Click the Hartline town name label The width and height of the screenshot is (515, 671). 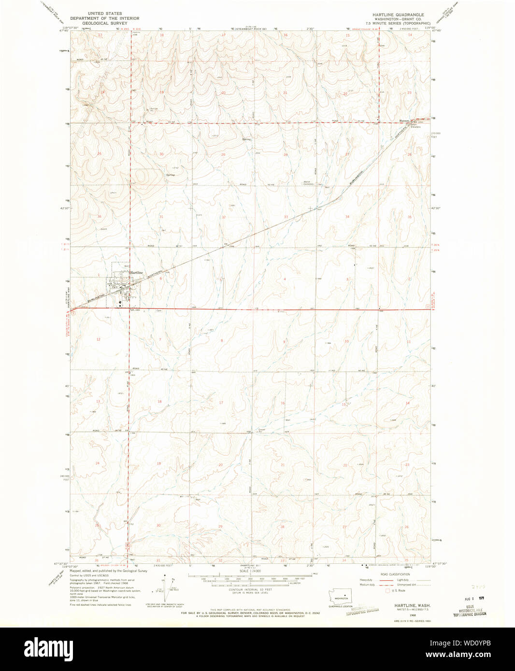pos(136,273)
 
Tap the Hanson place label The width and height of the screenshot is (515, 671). pos(403,121)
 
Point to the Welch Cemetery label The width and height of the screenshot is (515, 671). pos(309,183)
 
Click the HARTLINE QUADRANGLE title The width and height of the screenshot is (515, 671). pos(398,15)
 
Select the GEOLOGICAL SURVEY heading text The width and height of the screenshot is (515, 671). pos(104,23)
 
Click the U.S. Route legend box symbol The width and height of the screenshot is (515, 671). pos(387,590)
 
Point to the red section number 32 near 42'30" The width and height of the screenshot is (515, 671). pos(224,217)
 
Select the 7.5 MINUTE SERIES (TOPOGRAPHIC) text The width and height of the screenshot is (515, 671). pos(398,23)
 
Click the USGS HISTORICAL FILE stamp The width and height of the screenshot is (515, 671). pos(469,611)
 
